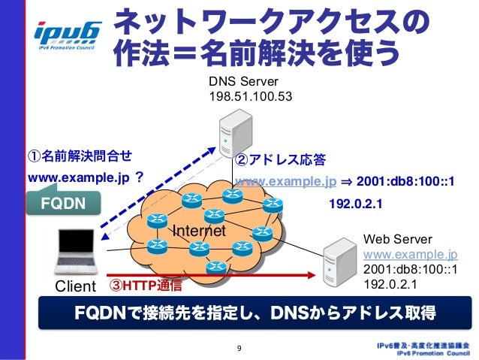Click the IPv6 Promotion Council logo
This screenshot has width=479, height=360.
coord(68,36)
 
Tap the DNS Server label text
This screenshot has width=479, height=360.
coord(243,81)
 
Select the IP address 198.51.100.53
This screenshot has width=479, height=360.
coord(251,96)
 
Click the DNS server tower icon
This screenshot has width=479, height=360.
coord(236,133)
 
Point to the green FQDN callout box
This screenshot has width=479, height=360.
coord(63,201)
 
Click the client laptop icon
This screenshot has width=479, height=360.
coord(76,252)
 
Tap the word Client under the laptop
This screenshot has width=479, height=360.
coord(76,286)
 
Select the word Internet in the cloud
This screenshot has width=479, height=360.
coord(199,231)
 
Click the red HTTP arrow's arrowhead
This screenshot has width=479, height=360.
coord(312,275)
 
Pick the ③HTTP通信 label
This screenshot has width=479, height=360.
coord(146,286)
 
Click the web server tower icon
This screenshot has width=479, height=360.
coord(340,262)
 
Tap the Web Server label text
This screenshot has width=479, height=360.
coord(398,239)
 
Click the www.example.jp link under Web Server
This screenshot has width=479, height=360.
coord(410,254)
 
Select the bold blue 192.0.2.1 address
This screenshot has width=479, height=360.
coord(356,204)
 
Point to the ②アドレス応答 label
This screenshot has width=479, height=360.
coord(281,159)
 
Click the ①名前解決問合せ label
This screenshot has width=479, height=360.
coord(80,156)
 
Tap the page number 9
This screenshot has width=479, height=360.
coord(239,349)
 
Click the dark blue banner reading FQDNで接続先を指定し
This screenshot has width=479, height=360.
coord(255,313)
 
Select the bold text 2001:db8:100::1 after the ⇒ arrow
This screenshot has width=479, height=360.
coord(405,181)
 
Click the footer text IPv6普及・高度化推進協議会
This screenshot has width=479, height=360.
coord(423,346)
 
